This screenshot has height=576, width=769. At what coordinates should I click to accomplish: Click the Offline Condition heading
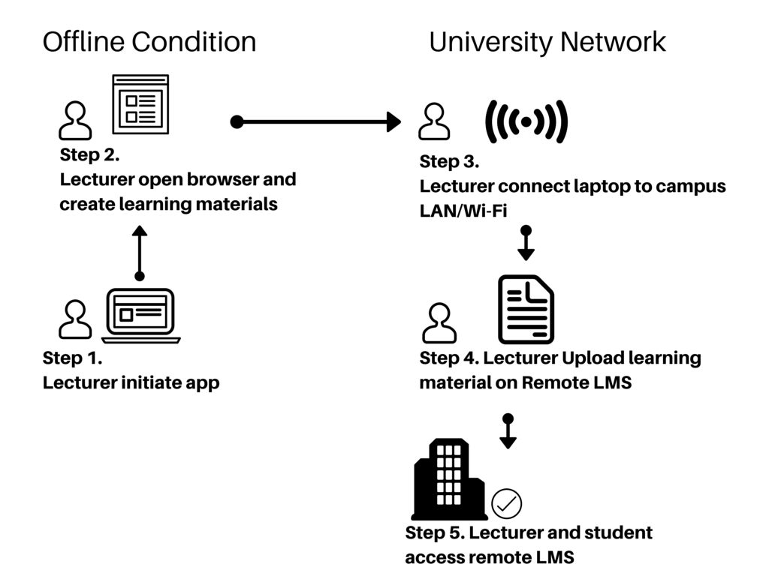pyautogui.click(x=149, y=42)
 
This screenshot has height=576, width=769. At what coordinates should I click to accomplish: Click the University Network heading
pyautogui.click(x=547, y=43)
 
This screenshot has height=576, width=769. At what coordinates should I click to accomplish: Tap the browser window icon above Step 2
pyautogui.click(x=140, y=104)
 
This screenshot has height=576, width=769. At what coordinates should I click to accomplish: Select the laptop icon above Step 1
pyautogui.click(x=140, y=316)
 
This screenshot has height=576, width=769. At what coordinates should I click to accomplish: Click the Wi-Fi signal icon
pyautogui.click(x=526, y=121)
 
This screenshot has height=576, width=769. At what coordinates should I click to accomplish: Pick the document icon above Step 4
pyautogui.click(x=526, y=310)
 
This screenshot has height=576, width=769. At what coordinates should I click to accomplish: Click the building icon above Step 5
pyautogui.click(x=449, y=479)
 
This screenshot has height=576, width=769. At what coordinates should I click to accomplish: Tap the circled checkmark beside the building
pyautogui.click(x=507, y=503)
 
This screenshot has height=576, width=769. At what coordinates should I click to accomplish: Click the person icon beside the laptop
pyautogui.click(x=75, y=319)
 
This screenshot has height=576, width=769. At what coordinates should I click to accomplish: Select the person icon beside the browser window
pyautogui.click(x=75, y=121)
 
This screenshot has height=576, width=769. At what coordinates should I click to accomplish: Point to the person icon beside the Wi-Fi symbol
pyautogui.click(x=434, y=121)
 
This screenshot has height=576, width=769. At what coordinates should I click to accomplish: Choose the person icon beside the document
pyautogui.click(x=439, y=322)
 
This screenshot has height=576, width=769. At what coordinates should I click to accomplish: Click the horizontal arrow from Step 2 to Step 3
pyautogui.click(x=316, y=121)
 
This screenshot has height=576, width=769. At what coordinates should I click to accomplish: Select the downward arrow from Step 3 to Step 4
pyautogui.click(x=526, y=243)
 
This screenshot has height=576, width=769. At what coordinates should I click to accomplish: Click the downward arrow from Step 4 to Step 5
pyautogui.click(x=508, y=431)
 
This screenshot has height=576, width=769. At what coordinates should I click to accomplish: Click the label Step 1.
pyautogui.click(x=73, y=358)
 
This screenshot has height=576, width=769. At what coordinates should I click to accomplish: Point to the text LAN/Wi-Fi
pyautogui.click(x=463, y=211)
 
